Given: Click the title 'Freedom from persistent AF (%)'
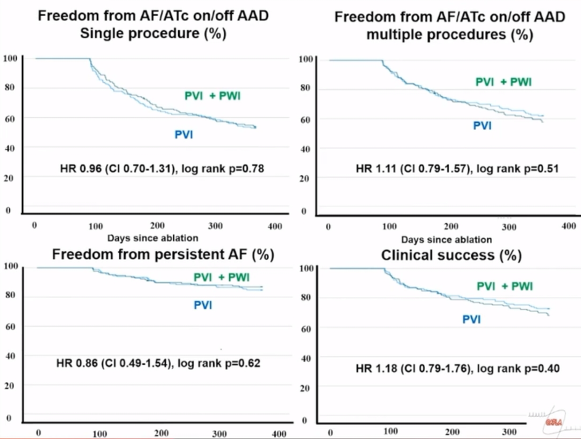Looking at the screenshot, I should pyautogui.click(x=163, y=254).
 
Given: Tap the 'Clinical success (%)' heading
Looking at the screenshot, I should pyautogui.click(x=451, y=255).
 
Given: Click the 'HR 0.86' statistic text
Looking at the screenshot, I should pyautogui.click(x=76, y=363).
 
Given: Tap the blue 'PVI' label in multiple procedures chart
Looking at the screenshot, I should pyautogui.click(x=482, y=126).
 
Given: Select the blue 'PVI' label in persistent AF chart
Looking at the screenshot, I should pyautogui.click(x=203, y=305).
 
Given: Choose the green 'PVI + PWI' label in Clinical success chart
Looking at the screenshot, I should pyautogui.click(x=505, y=286).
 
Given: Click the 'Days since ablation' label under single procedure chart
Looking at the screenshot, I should pyautogui.click(x=153, y=238).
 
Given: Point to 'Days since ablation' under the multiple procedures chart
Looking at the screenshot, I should pyautogui.click(x=447, y=239).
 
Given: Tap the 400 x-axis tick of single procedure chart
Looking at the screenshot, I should pyautogui.click(x=275, y=226).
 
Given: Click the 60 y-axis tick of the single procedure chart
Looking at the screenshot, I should pyautogui.click(x=9, y=118).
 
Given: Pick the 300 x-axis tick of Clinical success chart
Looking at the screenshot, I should pyautogui.click(x=509, y=431).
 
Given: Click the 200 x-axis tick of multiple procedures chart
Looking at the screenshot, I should pyautogui.click(x=451, y=227).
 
